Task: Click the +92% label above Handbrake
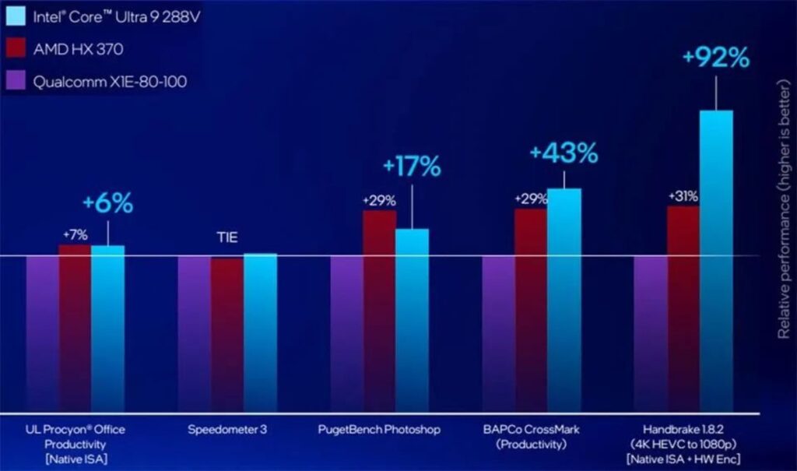tap(715, 58)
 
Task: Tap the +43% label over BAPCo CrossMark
tap(564, 153)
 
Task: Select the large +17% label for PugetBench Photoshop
tap(412, 166)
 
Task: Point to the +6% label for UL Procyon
tap(107, 203)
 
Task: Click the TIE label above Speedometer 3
tap(227, 238)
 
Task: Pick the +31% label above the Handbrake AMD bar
tap(683, 196)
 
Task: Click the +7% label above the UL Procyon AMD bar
tap(75, 234)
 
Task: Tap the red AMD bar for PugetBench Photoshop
tap(379, 311)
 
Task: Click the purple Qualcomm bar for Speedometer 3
tap(194, 335)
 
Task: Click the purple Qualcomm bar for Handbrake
tap(650, 335)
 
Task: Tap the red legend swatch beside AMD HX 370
tap(16, 48)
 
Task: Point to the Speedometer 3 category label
tap(227, 430)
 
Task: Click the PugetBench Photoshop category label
tap(379, 430)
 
